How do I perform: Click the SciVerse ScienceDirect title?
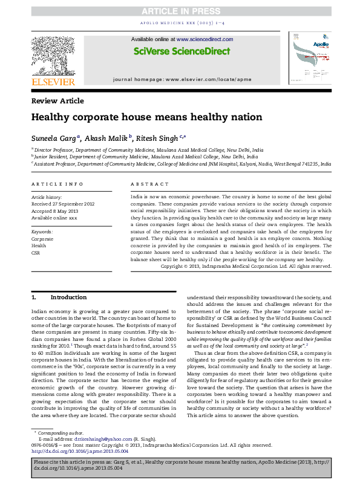coord(180,53)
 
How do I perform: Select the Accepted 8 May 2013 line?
coord(53,209)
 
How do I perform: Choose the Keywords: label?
coord(42,222)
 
